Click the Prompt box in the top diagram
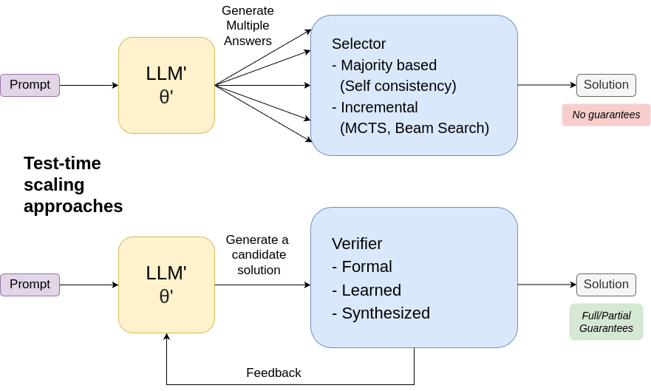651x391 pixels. [x=30, y=85]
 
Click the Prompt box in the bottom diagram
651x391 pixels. [x=30, y=285]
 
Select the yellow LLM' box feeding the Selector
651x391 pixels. [x=166, y=85]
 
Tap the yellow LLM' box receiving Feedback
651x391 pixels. [x=166, y=285]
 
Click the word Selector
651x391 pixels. [x=358, y=44]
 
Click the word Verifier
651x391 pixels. [x=357, y=244]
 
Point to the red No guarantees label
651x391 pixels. [x=606, y=115]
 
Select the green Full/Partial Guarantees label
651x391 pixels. [x=606, y=322]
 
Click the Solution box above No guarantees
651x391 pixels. [x=606, y=85]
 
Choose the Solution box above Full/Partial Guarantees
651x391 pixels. [x=606, y=285]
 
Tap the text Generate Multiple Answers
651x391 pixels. [x=248, y=26]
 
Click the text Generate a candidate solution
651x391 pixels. [x=258, y=255]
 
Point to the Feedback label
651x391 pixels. [x=273, y=373]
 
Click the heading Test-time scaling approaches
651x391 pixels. [x=72, y=185]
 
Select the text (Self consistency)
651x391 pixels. [x=398, y=86]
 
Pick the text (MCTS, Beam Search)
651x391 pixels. [x=414, y=128]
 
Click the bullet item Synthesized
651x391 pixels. [x=381, y=313]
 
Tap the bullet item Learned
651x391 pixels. [x=367, y=290]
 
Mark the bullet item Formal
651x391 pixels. [x=362, y=267]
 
